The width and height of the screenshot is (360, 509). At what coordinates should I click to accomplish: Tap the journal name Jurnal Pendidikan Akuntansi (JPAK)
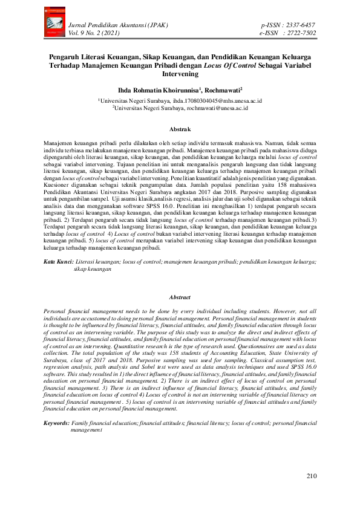coord(119,25)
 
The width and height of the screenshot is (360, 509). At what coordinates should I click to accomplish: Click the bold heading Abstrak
coord(180,129)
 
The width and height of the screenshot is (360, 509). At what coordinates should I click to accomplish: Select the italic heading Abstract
coord(180,297)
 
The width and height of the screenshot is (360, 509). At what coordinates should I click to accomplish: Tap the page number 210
coord(311,476)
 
